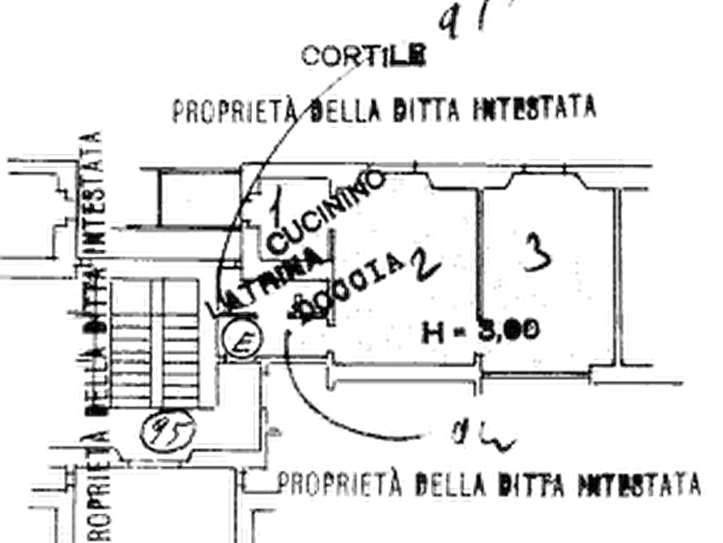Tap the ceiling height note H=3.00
(x=481, y=331)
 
